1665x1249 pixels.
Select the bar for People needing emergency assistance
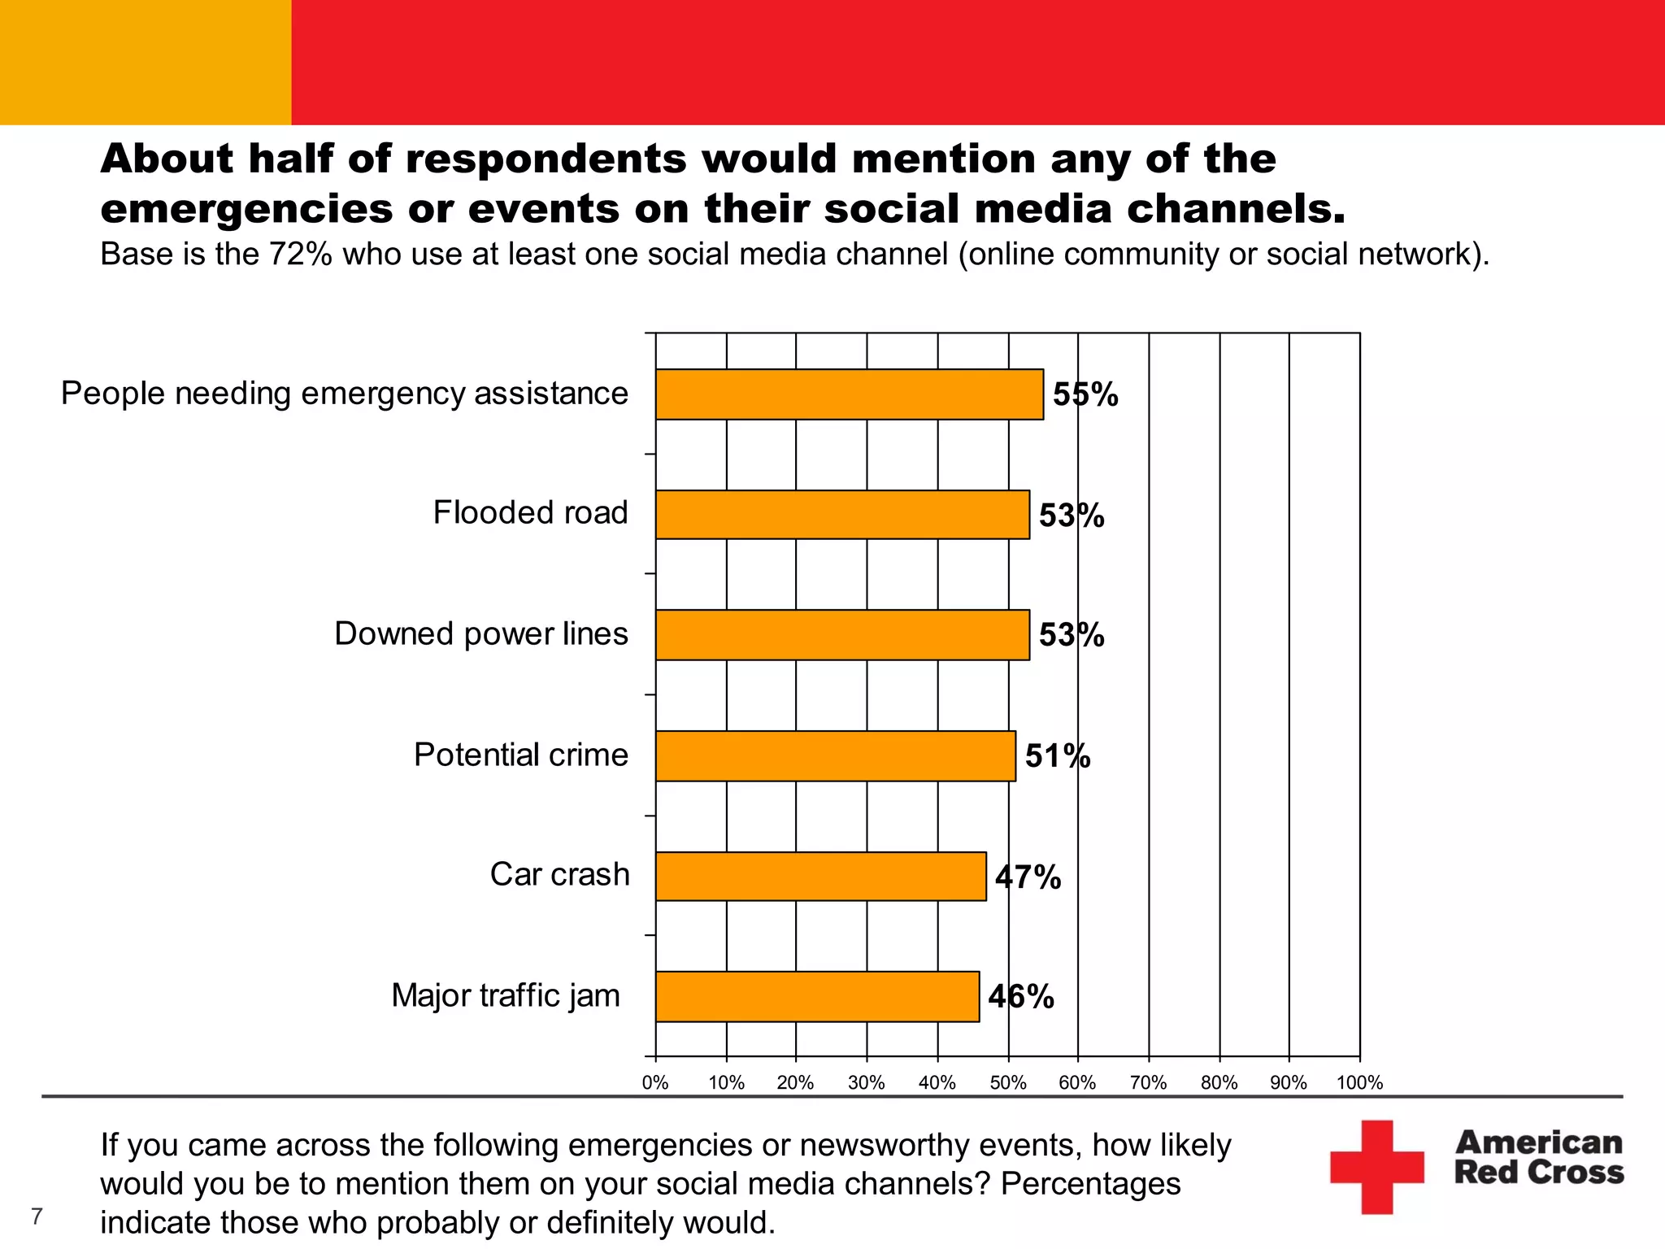click(849, 394)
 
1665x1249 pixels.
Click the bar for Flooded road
click(842, 515)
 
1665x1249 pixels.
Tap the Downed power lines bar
click(842, 635)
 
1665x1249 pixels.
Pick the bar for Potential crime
click(835, 756)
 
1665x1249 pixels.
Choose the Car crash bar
click(820, 877)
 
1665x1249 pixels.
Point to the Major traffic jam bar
click(817, 996)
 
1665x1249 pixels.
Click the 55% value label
click(1085, 395)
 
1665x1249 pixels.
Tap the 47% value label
click(1028, 877)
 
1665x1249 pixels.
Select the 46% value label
click(1021, 997)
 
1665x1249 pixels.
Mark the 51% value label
click(1057, 757)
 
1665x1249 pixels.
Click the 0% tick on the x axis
click(655, 1083)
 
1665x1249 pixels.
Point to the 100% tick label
click(1359, 1083)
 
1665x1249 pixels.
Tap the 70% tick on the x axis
click(1148, 1083)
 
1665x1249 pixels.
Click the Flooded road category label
click(530, 513)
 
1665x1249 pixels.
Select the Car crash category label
click(559, 875)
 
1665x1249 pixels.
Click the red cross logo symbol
click(1376, 1167)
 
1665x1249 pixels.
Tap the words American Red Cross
click(1538, 1157)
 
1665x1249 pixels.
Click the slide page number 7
click(37, 1216)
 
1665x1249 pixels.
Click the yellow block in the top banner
click(146, 62)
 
